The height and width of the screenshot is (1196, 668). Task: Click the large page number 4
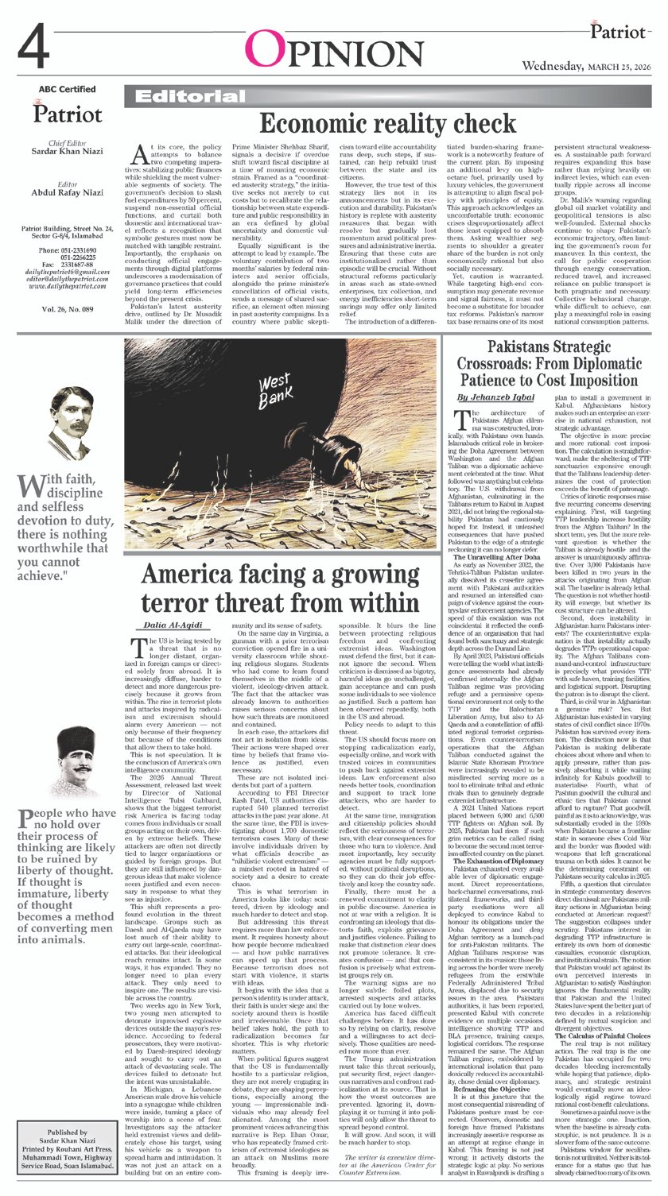click(37, 48)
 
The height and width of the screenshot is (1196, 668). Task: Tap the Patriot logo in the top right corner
click(618, 32)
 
